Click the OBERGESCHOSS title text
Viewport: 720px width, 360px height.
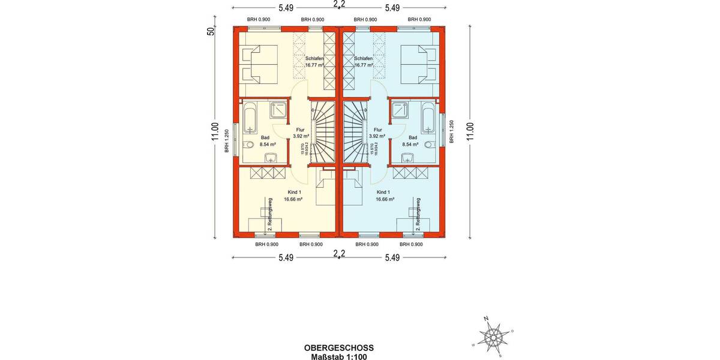pyautogui.click(x=339, y=347)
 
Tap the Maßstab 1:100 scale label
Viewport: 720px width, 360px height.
pyautogui.click(x=339, y=356)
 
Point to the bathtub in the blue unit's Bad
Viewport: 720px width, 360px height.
pyautogui.click(x=428, y=118)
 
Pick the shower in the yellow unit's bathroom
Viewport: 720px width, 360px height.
pyautogui.click(x=278, y=110)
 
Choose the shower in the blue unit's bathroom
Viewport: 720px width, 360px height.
pyautogui.click(x=400, y=110)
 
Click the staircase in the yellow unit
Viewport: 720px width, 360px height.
pyautogui.click(x=323, y=132)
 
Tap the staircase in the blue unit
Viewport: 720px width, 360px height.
pyautogui.click(x=355, y=132)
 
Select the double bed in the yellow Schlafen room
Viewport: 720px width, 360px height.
pyautogui.click(x=259, y=63)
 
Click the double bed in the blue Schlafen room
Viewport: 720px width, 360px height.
pyautogui.click(x=418, y=63)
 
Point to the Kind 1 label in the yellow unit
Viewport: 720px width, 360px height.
pyautogui.click(x=292, y=192)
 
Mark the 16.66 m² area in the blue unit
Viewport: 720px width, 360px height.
pyautogui.click(x=385, y=199)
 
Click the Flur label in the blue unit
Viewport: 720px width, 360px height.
pyautogui.click(x=377, y=130)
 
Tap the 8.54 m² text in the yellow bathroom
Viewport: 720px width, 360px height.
pyautogui.click(x=268, y=145)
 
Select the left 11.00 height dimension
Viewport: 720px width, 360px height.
pyautogui.click(x=214, y=131)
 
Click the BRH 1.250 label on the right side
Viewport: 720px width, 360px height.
pyautogui.click(x=451, y=132)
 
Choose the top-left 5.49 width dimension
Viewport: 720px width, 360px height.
pyautogui.click(x=286, y=8)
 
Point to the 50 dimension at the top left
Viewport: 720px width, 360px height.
pyautogui.click(x=211, y=31)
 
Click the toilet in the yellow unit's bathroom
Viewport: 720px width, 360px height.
pyautogui.click(x=249, y=145)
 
